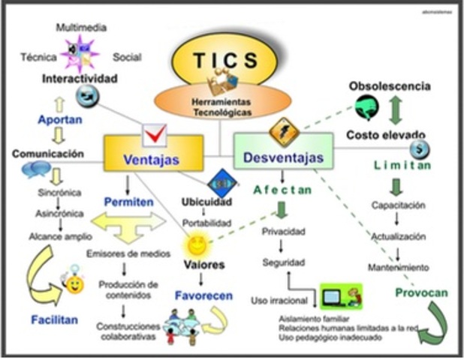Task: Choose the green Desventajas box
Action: click(x=283, y=157)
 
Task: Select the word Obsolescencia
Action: click(x=390, y=86)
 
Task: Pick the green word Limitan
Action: click(x=402, y=166)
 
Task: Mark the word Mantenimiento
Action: click(x=398, y=267)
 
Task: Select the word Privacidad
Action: click(x=283, y=232)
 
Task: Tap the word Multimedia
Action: click(x=81, y=28)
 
